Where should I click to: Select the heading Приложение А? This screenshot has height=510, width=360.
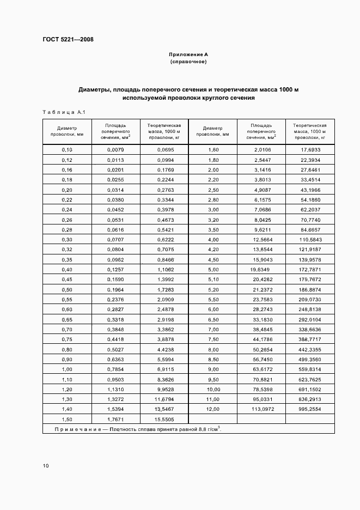pos(188,55)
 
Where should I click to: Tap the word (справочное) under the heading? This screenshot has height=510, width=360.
pos(188,62)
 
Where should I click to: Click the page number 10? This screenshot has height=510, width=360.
pos(46,465)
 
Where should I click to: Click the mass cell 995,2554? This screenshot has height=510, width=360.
pos(311,409)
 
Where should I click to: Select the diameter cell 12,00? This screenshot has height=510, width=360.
pos(212,409)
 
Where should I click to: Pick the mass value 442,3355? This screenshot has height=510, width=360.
pos(311,349)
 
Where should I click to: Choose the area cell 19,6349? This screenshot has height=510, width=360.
pos(260,270)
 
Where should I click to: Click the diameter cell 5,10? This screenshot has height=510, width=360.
pos(212,280)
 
